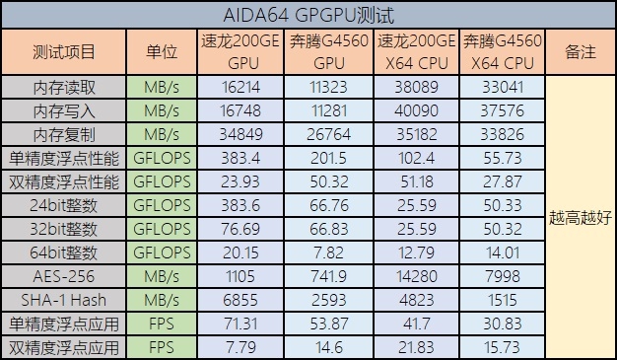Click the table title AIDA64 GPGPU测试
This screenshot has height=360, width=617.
(308, 15)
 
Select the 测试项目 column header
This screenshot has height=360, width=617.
(64, 52)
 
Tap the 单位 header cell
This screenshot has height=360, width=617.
(161, 52)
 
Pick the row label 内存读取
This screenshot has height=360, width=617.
(64, 87)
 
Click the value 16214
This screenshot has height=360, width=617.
(240, 87)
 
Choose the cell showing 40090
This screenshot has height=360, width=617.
(417, 110)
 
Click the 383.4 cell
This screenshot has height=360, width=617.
(240, 158)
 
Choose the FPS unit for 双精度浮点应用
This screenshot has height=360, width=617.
(161, 347)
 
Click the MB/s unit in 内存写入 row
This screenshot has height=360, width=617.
(161, 110)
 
